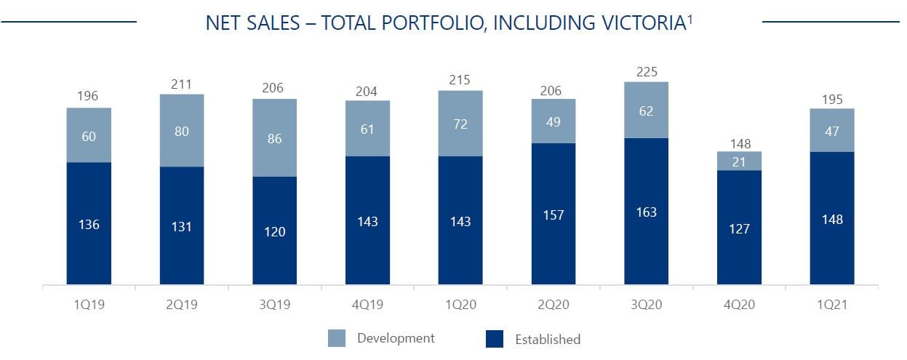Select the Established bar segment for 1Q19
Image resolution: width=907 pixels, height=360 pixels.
pyautogui.click(x=89, y=223)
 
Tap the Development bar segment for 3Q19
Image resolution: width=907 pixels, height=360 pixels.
pyautogui.click(x=274, y=137)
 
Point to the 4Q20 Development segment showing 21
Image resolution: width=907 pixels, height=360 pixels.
pyautogui.click(x=739, y=161)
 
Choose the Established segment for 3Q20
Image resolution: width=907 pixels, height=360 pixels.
pyautogui.click(x=645, y=211)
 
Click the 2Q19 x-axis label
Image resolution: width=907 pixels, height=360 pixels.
pyautogui.click(x=182, y=305)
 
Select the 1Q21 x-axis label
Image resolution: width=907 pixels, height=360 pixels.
pyautogui.click(x=831, y=305)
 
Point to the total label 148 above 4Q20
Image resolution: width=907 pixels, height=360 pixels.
pyautogui.click(x=739, y=143)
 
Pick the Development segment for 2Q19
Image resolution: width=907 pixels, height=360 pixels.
pyautogui.click(x=182, y=130)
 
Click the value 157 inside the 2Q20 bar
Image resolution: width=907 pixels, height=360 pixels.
pyautogui.click(x=553, y=216)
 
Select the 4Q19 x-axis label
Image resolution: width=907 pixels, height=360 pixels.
pyautogui.click(x=367, y=305)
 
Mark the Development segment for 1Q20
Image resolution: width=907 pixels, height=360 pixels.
pyautogui.click(x=460, y=123)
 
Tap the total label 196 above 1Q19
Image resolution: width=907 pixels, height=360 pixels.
pyautogui.click(x=89, y=97)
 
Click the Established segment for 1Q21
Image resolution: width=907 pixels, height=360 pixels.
pyautogui.click(x=831, y=218)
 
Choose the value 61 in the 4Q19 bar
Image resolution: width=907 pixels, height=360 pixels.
pyautogui.click(x=367, y=129)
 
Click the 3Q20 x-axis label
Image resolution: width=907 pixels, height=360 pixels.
pyautogui.click(x=645, y=305)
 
